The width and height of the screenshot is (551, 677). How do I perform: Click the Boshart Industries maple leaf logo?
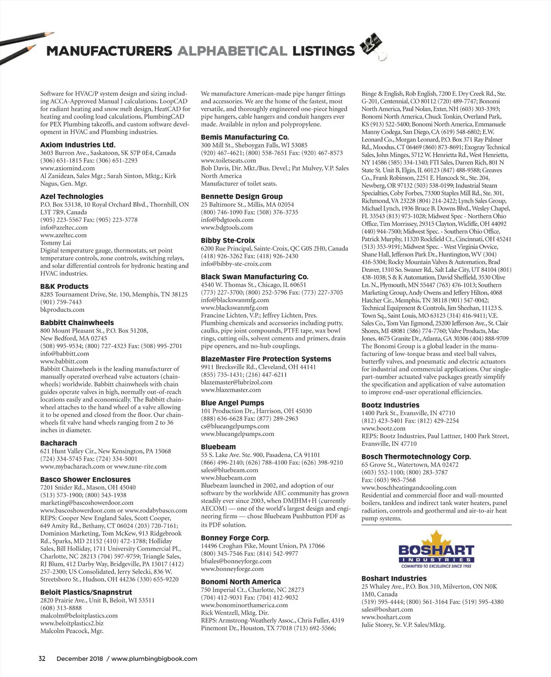[436, 549]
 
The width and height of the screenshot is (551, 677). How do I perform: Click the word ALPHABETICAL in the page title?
[232, 51]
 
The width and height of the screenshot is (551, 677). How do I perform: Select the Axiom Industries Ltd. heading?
[78, 145]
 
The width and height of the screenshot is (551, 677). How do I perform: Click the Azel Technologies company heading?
[72, 197]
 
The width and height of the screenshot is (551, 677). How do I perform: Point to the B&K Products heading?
[64, 287]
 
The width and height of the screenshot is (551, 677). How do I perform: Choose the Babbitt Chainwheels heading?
[77, 323]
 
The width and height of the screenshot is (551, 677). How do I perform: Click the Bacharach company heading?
[58, 443]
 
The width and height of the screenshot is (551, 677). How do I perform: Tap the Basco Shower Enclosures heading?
[85, 480]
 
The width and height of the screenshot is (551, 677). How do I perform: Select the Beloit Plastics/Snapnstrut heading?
[86, 592]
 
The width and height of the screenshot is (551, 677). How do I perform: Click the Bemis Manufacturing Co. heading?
[245, 137]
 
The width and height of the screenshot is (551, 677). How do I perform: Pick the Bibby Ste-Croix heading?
[228, 241]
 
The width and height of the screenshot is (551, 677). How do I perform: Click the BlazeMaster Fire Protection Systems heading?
[266, 359]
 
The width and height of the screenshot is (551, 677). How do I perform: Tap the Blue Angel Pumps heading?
[232, 403]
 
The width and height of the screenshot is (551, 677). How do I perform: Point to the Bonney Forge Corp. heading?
[235, 538]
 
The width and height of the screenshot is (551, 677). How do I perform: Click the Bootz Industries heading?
[390, 405]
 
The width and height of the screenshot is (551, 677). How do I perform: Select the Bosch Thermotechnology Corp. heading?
[416, 457]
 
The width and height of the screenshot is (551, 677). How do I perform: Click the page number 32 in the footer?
[42, 659]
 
